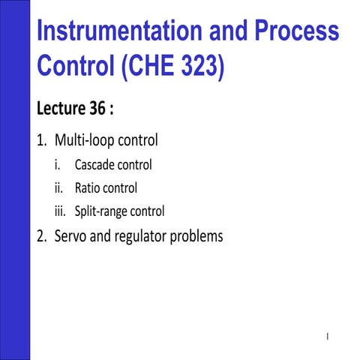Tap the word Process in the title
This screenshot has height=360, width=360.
[301, 31]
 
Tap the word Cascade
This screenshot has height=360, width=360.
[94, 164]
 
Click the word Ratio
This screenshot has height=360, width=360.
[87, 187]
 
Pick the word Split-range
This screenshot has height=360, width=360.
[101, 211]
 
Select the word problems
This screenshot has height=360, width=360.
[197, 237]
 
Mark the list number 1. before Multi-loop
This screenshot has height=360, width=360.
[42, 140]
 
